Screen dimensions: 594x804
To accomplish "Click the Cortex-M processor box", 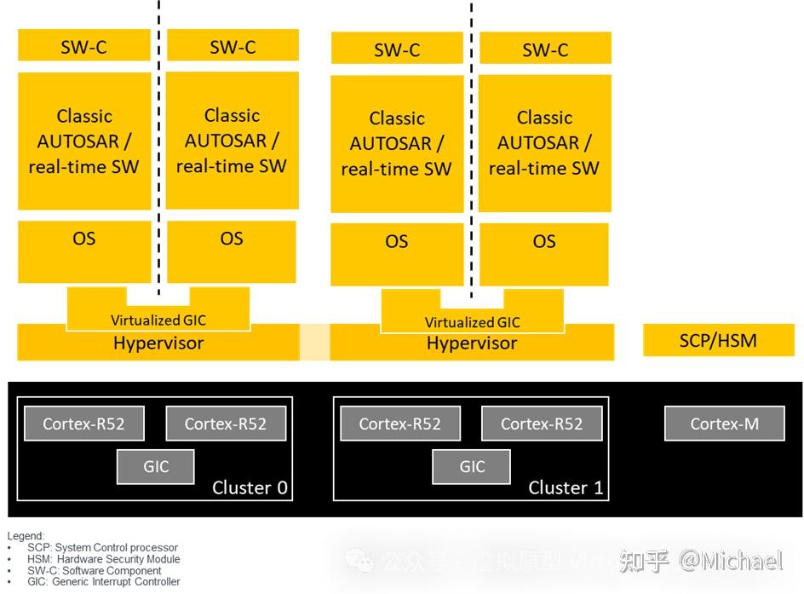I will click(x=724, y=424).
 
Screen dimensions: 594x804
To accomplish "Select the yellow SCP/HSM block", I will click(x=718, y=341).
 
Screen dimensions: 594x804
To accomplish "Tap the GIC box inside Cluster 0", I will click(x=156, y=466).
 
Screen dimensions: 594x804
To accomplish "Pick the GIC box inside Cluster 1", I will click(x=472, y=466).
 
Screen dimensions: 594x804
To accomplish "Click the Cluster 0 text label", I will click(x=250, y=488).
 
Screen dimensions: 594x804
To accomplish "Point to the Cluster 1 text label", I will click(x=566, y=488).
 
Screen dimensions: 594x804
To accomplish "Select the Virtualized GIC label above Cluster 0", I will click(x=158, y=320).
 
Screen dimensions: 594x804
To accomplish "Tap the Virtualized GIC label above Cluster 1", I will click(x=472, y=322).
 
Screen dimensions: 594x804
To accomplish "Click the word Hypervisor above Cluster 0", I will click(x=158, y=343).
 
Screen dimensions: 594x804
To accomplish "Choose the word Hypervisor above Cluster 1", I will click(x=472, y=343).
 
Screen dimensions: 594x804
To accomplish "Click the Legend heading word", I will click(x=25, y=536).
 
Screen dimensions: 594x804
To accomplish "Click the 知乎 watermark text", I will click(x=644, y=561).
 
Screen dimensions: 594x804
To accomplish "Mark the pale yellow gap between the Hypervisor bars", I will click(x=313, y=343).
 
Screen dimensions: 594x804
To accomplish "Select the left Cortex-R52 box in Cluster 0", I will click(x=83, y=424).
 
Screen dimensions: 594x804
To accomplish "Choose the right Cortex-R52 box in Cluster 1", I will click(x=542, y=424).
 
